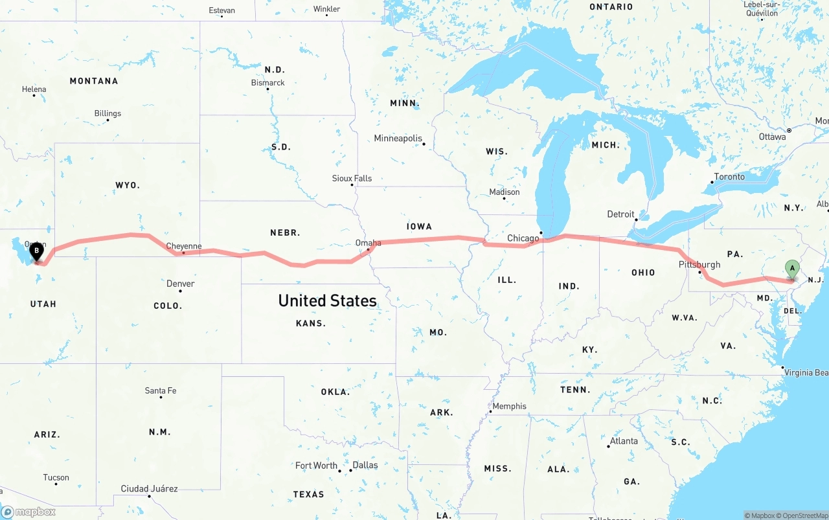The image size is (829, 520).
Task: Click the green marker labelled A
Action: pyautogui.click(x=791, y=268)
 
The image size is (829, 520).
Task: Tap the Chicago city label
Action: pyautogui.click(x=523, y=238)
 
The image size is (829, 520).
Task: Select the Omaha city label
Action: pyautogui.click(x=368, y=243)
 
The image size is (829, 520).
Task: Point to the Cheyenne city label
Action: pyautogui.click(x=184, y=246)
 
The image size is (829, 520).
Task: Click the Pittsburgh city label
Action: pyautogui.click(x=699, y=264)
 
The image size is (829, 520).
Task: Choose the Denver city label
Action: pyautogui.click(x=180, y=284)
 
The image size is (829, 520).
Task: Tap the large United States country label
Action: pyautogui.click(x=327, y=300)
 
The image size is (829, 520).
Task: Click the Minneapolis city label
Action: pyautogui.click(x=398, y=139)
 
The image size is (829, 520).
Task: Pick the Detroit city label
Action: pyautogui.click(x=620, y=214)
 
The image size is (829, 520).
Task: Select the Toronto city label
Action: pyautogui.click(x=729, y=177)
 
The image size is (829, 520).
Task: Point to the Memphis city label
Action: pyautogui.click(x=509, y=407)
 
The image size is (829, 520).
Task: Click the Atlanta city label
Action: pyautogui.click(x=624, y=441)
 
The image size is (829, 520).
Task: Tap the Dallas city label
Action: pyautogui.click(x=365, y=465)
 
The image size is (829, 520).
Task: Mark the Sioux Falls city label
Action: pyautogui.click(x=352, y=178)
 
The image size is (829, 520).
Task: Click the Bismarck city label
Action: pyautogui.click(x=267, y=83)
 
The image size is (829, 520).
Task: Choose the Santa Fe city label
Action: pyautogui.click(x=160, y=390)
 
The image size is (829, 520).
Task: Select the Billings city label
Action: pyautogui.click(x=108, y=113)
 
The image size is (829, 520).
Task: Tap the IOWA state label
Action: pyautogui.click(x=419, y=227)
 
